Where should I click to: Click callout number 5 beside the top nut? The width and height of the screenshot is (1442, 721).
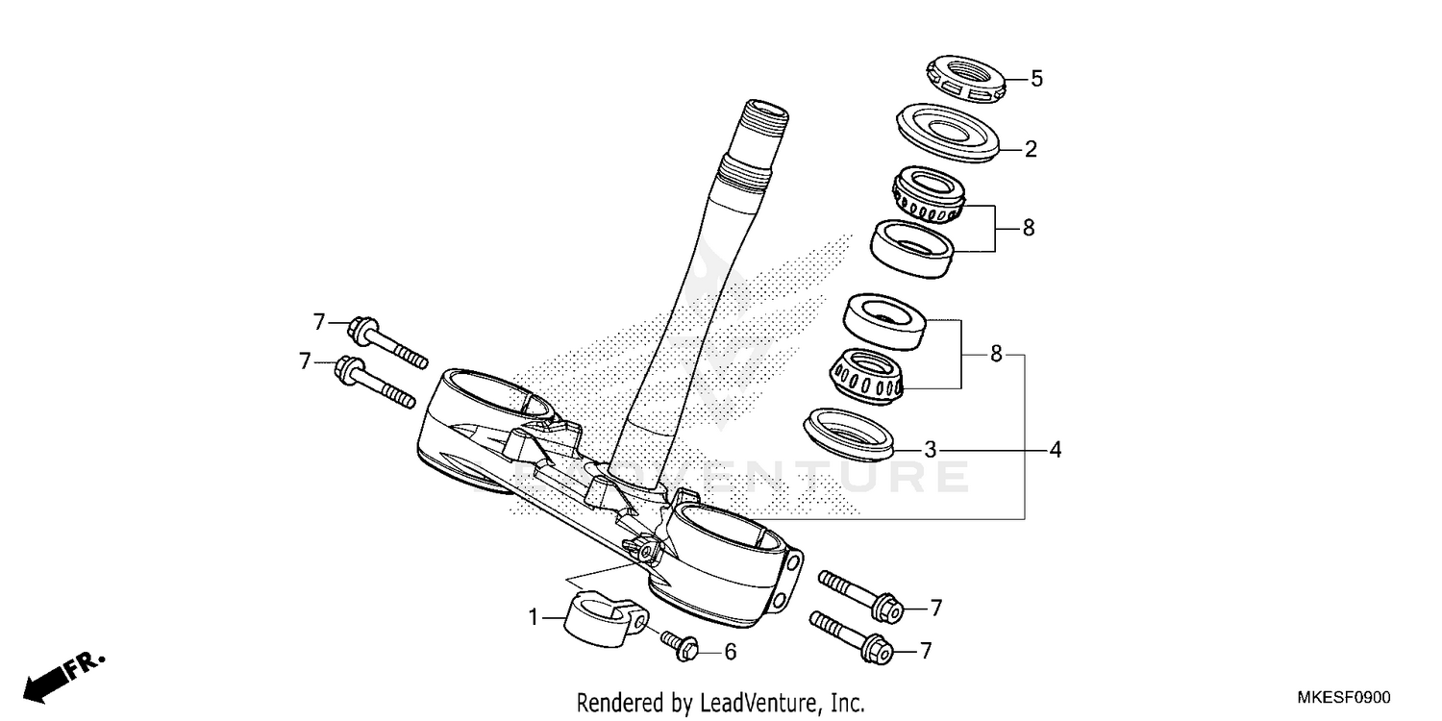pyautogui.click(x=1036, y=79)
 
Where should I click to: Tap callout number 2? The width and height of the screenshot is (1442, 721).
pyautogui.click(x=1031, y=149)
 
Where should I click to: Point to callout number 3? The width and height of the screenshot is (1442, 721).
pyautogui.click(x=930, y=449)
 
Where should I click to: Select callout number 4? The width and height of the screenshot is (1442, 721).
pyautogui.click(x=1055, y=449)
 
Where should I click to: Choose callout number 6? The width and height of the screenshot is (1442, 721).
pyautogui.click(x=730, y=652)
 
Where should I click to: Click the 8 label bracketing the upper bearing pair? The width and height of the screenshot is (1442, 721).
pyautogui.click(x=1028, y=229)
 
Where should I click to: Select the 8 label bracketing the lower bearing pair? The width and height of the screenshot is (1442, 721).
pyautogui.click(x=996, y=355)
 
